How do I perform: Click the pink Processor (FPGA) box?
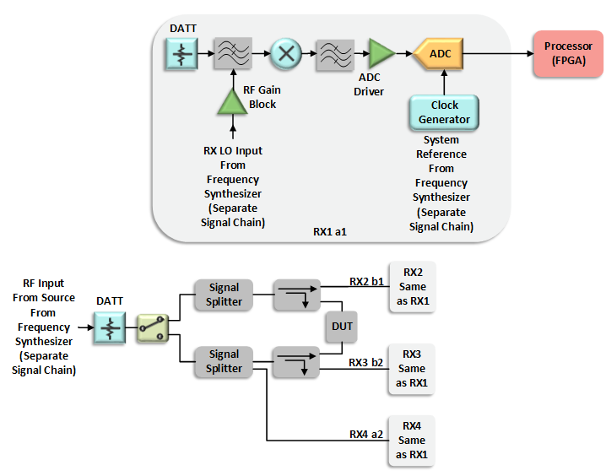(567, 53)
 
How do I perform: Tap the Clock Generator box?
(444, 112)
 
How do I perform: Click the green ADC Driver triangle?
(382, 54)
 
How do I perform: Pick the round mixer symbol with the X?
(285, 54)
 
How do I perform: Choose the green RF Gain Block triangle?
(231, 102)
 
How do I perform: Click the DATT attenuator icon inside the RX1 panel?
(181, 54)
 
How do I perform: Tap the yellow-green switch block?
(153, 326)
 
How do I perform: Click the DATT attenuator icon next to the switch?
(110, 326)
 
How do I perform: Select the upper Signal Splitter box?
(224, 295)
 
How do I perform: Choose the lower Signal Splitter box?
(224, 361)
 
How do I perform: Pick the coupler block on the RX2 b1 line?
(296, 295)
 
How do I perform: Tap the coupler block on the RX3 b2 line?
(296, 361)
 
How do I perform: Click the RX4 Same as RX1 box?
(412, 440)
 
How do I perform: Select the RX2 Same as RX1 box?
(412, 289)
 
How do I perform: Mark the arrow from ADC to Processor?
(498, 54)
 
